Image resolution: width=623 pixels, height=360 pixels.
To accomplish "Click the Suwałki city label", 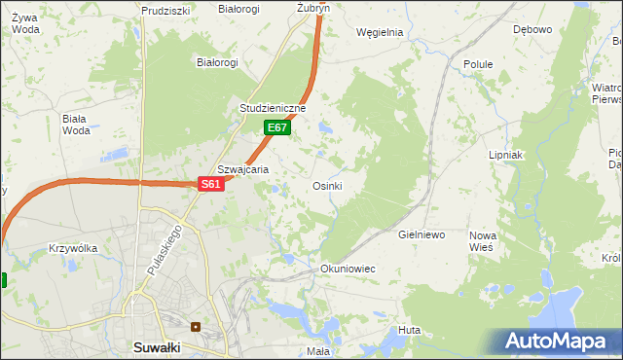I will (161, 346).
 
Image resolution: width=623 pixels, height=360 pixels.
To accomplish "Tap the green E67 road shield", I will (276, 127).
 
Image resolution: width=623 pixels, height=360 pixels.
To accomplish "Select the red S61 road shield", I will (212, 184).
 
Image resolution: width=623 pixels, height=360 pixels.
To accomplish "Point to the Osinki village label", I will (326, 186).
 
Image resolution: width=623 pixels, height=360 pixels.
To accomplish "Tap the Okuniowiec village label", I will (348, 268).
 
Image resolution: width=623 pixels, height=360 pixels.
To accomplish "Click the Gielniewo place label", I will (421, 235).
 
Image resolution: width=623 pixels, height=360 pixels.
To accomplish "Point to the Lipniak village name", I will (506, 155).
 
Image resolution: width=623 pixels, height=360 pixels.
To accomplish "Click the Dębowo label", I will (532, 29).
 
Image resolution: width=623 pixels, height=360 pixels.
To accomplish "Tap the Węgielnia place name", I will (380, 31).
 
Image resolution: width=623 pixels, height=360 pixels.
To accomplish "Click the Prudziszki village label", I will (165, 10).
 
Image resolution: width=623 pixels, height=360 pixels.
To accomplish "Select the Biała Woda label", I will (75, 125).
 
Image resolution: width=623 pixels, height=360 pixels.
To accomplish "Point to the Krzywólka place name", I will (73, 248).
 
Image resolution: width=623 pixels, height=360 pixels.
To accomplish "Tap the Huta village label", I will (409, 330).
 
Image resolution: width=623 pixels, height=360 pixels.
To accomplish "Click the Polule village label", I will (478, 64).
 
